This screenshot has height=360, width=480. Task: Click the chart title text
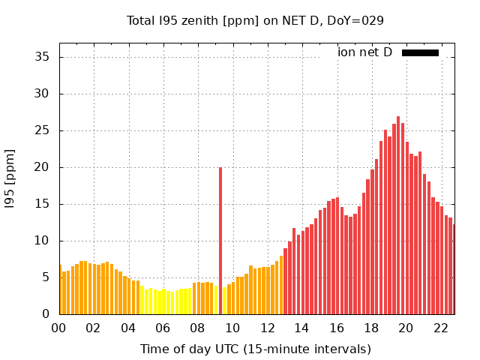(x=255, y=20)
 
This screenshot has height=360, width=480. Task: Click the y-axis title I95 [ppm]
(x=10, y=178)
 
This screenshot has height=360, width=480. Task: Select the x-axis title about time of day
(x=255, y=349)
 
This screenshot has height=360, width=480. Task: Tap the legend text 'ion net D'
(x=364, y=52)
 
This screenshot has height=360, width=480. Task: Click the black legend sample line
(x=420, y=52)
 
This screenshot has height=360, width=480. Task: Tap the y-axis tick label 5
(x=46, y=277)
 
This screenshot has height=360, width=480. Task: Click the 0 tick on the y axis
(x=46, y=314)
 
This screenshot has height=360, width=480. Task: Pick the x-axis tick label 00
(x=59, y=328)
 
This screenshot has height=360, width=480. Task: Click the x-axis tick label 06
(x=163, y=328)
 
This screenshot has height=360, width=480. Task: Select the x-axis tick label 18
(x=371, y=328)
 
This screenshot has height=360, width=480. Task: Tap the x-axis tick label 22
(x=440, y=328)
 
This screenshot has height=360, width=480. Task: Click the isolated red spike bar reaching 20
(x=220, y=240)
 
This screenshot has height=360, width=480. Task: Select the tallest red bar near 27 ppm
(x=398, y=217)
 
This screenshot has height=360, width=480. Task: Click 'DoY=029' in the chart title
(x=358, y=20)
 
